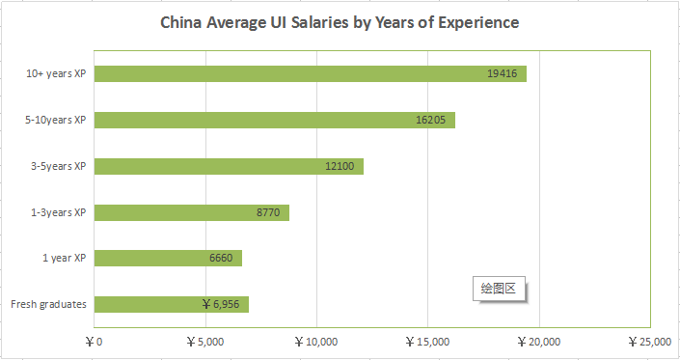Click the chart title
click(340, 21)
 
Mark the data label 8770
click(268, 212)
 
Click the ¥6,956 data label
click(221, 304)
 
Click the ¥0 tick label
click(94, 341)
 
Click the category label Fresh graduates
click(48, 304)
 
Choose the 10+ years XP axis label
click(58, 73)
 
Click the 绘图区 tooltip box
click(500, 288)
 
